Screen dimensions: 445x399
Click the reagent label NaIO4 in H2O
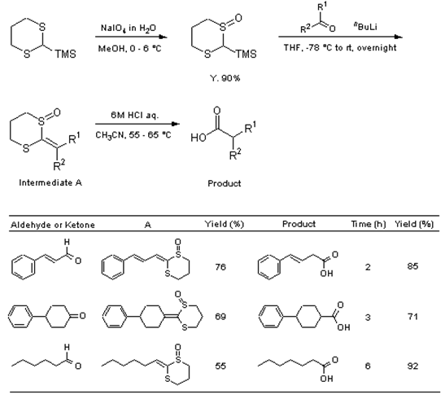tap(129, 28)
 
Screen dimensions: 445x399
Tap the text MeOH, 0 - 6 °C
tap(129, 49)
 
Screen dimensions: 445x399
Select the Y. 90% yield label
tap(225, 78)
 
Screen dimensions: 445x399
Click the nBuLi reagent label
tap(365, 26)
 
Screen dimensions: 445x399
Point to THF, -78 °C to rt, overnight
tap(340, 47)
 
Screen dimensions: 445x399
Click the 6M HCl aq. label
tap(134, 115)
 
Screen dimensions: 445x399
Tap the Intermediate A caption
tap(50, 182)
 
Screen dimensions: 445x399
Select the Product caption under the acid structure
tap(225, 183)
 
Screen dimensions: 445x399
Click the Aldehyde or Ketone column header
tap(53, 225)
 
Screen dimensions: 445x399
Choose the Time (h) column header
tap(369, 224)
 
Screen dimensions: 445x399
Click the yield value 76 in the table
tap(220, 267)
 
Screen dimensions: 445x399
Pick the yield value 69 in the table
tap(220, 317)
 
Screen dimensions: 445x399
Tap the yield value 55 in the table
tap(220, 366)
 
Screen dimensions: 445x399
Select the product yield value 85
tap(412, 266)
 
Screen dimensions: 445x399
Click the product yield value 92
tap(412, 366)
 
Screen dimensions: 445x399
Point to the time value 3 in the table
tap(368, 317)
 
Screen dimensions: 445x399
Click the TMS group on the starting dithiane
tap(65, 54)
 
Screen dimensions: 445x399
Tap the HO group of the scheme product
tap(199, 138)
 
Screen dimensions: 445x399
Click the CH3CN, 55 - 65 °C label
tap(133, 134)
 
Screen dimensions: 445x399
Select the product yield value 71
tap(412, 317)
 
